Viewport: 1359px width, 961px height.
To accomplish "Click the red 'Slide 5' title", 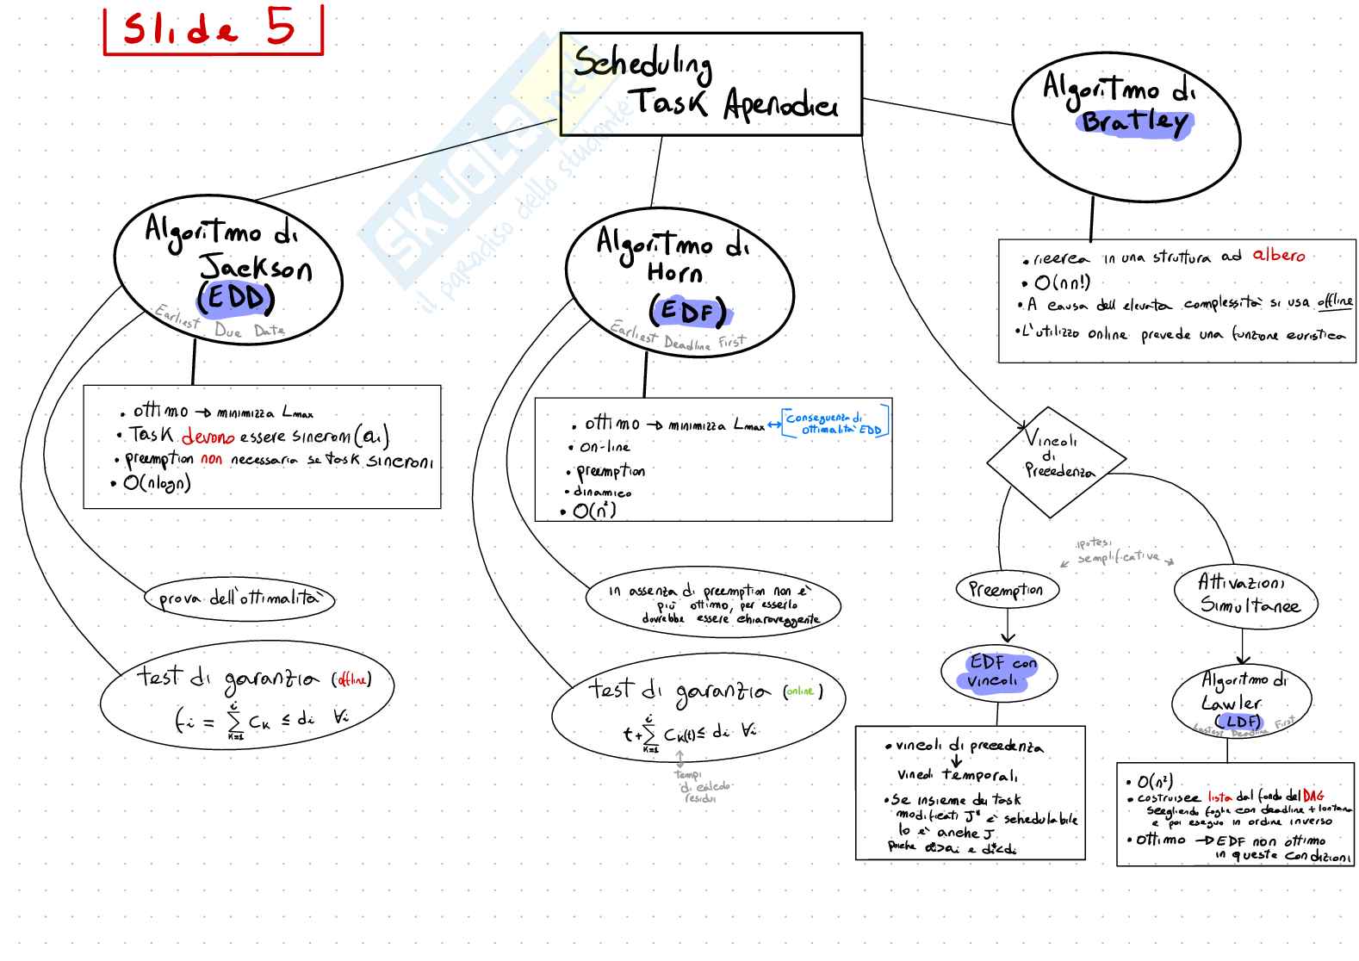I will coord(211,30).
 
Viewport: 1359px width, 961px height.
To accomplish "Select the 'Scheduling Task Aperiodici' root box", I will coord(711,84).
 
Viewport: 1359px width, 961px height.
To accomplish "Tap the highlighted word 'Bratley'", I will coord(1134,121).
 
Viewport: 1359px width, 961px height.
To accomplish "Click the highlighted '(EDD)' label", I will coord(235,299).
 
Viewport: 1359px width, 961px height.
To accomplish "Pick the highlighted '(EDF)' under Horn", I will coord(687,311).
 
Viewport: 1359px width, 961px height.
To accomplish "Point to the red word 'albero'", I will coord(1278,255).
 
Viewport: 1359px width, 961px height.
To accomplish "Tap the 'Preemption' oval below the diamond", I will coord(1006,590).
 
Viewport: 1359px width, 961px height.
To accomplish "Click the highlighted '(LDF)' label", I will coord(1238,722).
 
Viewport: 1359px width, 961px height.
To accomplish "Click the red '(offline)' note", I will coord(351,680).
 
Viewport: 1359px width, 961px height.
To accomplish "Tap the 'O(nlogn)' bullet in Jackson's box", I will coord(157,483).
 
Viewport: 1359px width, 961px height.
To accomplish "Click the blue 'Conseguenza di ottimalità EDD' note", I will coord(835,424).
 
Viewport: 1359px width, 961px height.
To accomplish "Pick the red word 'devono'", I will coord(208,437).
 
